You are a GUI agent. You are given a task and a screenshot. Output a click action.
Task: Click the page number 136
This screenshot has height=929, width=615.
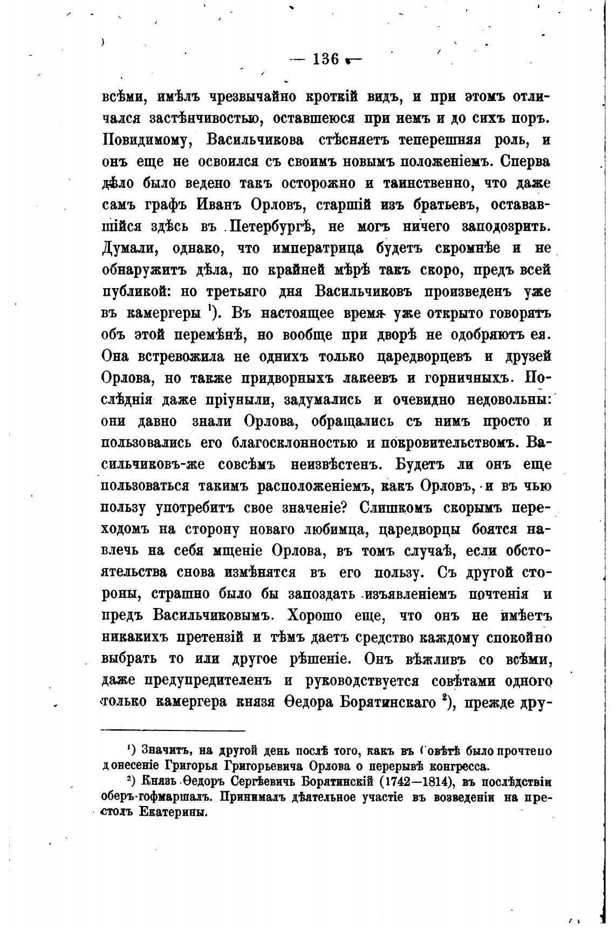325,59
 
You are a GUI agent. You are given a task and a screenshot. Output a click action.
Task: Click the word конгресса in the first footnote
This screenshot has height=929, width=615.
452,766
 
